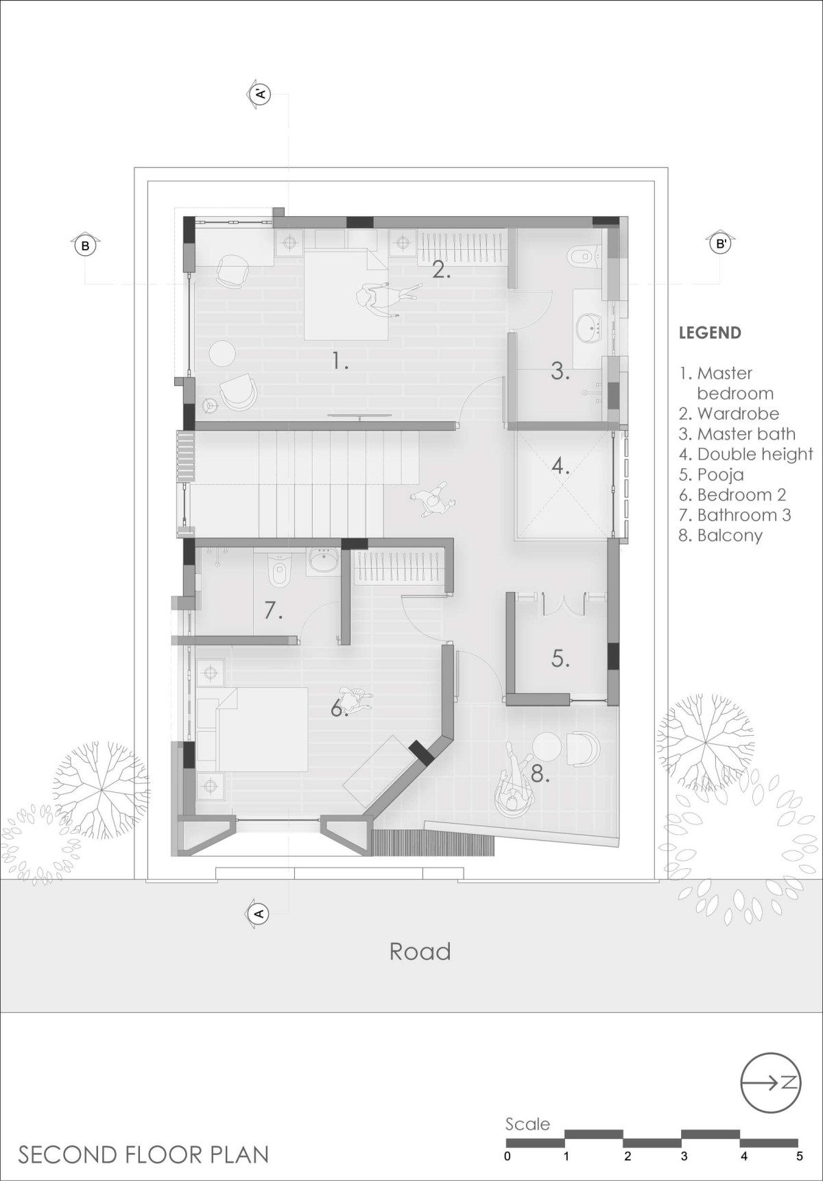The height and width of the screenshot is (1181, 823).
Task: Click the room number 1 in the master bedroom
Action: (340, 360)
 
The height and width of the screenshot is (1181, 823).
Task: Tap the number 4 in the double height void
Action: (560, 466)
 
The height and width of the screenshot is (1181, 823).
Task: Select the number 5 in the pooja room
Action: (560, 658)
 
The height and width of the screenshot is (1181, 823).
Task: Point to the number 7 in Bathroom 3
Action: (274, 610)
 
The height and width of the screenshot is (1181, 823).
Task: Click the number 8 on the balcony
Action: (540, 774)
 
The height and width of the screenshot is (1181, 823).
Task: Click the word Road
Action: (420, 951)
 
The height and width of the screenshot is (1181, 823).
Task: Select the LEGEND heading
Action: (710, 333)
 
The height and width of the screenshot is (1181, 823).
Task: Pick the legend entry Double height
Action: (746, 454)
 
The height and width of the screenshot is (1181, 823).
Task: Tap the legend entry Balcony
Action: (720, 535)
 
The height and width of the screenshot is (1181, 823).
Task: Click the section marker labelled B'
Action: (721, 243)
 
